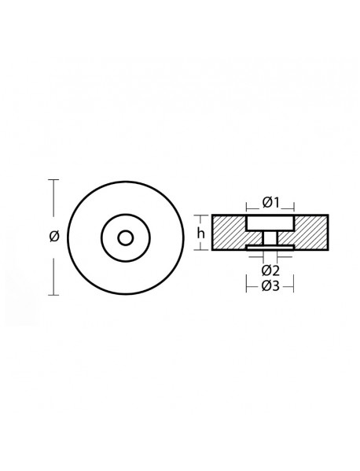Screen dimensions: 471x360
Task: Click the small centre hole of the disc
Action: [126, 237]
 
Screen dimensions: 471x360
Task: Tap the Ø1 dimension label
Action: [270, 203]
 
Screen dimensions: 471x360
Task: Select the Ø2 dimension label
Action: [270, 270]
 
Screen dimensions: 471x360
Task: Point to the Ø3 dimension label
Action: [270, 286]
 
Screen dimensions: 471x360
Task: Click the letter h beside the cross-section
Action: [201, 233]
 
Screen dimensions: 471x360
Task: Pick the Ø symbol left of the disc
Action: [53, 237]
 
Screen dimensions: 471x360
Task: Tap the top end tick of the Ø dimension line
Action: [53, 180]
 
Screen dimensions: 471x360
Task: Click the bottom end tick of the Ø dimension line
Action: [53, 295]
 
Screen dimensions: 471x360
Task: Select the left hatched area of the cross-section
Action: [229, 232]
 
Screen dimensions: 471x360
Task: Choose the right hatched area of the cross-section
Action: [311, 232]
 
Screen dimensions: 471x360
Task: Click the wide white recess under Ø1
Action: [270, 223]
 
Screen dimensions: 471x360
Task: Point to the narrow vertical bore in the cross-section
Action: [270, 238]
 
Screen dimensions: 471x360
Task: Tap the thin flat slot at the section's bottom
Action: [270, 248]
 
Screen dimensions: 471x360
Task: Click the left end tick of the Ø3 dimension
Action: [247, 286]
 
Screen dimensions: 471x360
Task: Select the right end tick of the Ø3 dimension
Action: [294, 286]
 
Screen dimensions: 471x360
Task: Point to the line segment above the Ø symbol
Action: [53, 201]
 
